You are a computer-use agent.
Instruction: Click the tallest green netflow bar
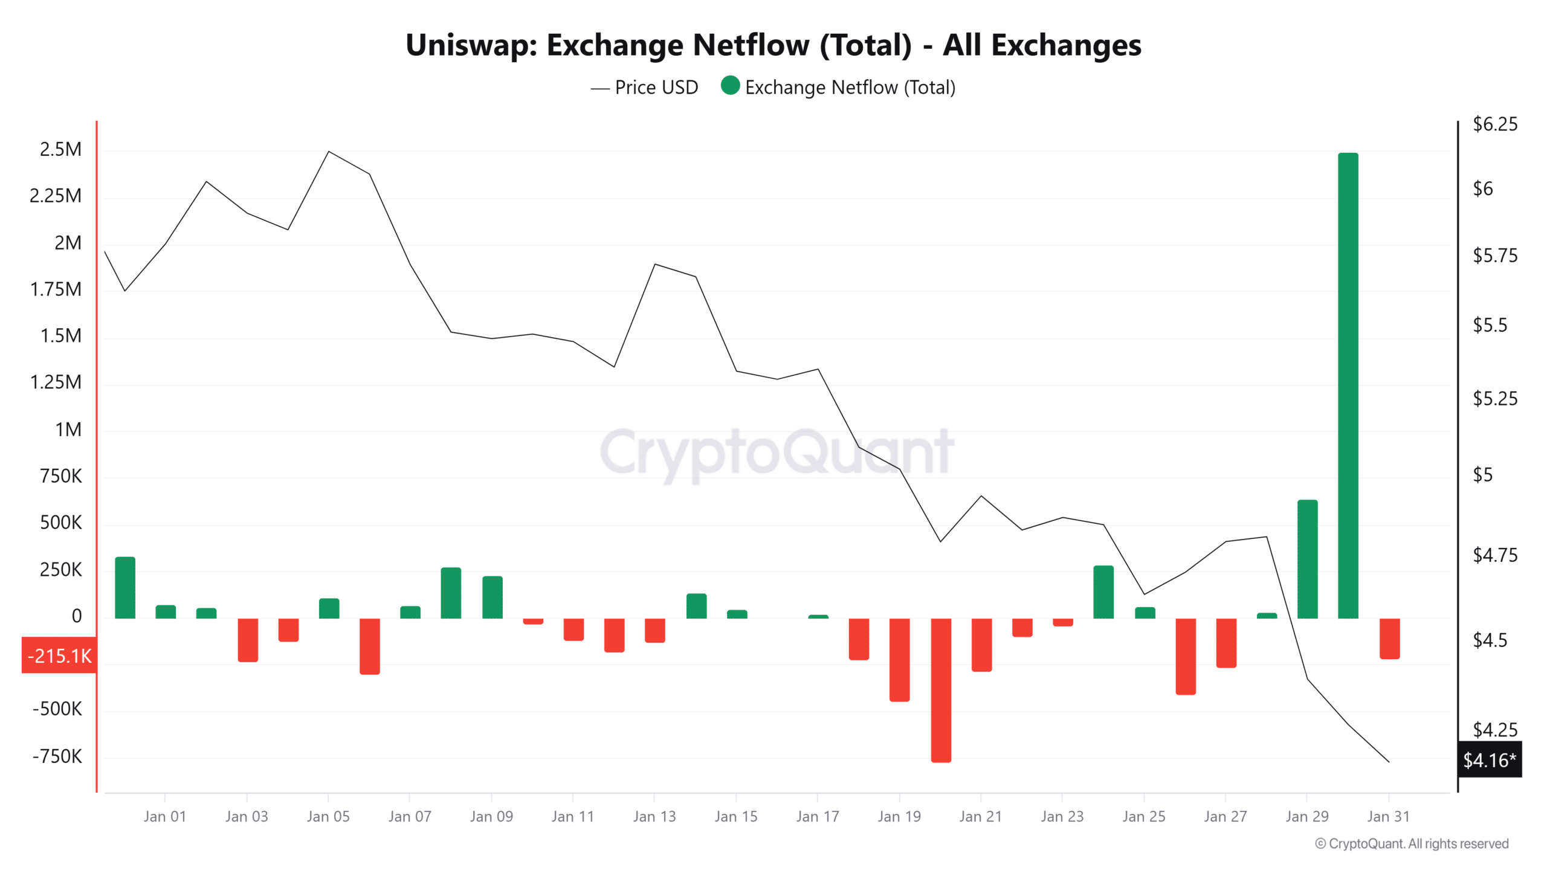tap(1348, 387)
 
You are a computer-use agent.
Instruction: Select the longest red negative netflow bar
tap(941, 690)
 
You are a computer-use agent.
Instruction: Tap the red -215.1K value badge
tap(59, 656)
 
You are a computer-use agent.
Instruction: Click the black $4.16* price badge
tap(1489, 759)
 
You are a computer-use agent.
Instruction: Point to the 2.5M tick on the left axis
tap(60, 149)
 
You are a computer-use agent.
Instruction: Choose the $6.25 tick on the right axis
tap(1494, 124)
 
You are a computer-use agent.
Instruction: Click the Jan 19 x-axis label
tap(899, 817)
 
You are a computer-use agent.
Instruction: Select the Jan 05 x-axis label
tap(328, 817)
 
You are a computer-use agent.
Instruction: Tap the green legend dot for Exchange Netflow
tap(730, 86)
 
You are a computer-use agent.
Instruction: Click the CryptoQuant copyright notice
tap(1412, 844)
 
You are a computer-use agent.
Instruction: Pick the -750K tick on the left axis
tap(57, 756)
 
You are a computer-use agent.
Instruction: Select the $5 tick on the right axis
tap(1482, 475)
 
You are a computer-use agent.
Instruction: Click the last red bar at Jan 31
tap(1389, 639)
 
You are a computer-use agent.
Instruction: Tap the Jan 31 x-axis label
tap(1388, 817)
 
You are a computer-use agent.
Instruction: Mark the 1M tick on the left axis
tap(68, 430)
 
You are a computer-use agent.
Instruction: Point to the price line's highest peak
tap(329, 152)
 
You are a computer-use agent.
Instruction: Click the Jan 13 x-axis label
tap(654, 817)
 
